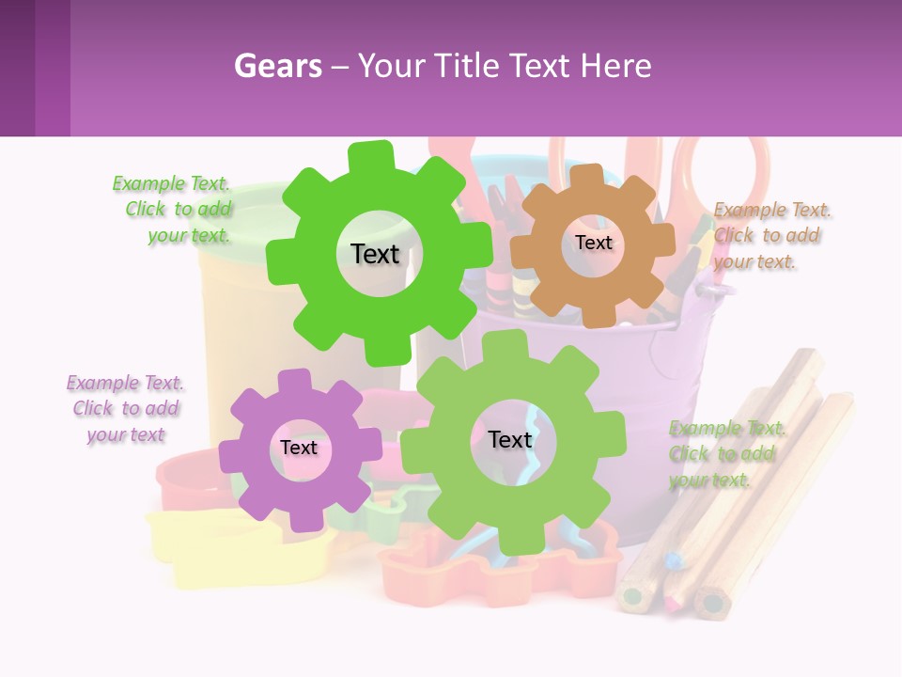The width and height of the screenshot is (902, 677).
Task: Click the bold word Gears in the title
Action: pos(278,66)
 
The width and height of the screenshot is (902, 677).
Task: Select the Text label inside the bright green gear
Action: pos(375,254)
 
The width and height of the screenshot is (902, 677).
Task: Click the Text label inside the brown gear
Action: pos(593,243)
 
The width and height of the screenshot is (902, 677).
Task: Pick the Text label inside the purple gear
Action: pos(299,448)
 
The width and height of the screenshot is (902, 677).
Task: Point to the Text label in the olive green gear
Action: pos(510,439)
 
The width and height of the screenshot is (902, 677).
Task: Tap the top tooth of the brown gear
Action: pos(587,177)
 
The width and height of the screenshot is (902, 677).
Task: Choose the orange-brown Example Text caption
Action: pos(770,235)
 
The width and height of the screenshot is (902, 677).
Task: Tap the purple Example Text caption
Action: pos(126,408)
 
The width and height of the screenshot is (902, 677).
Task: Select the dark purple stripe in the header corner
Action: pos(17,68)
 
